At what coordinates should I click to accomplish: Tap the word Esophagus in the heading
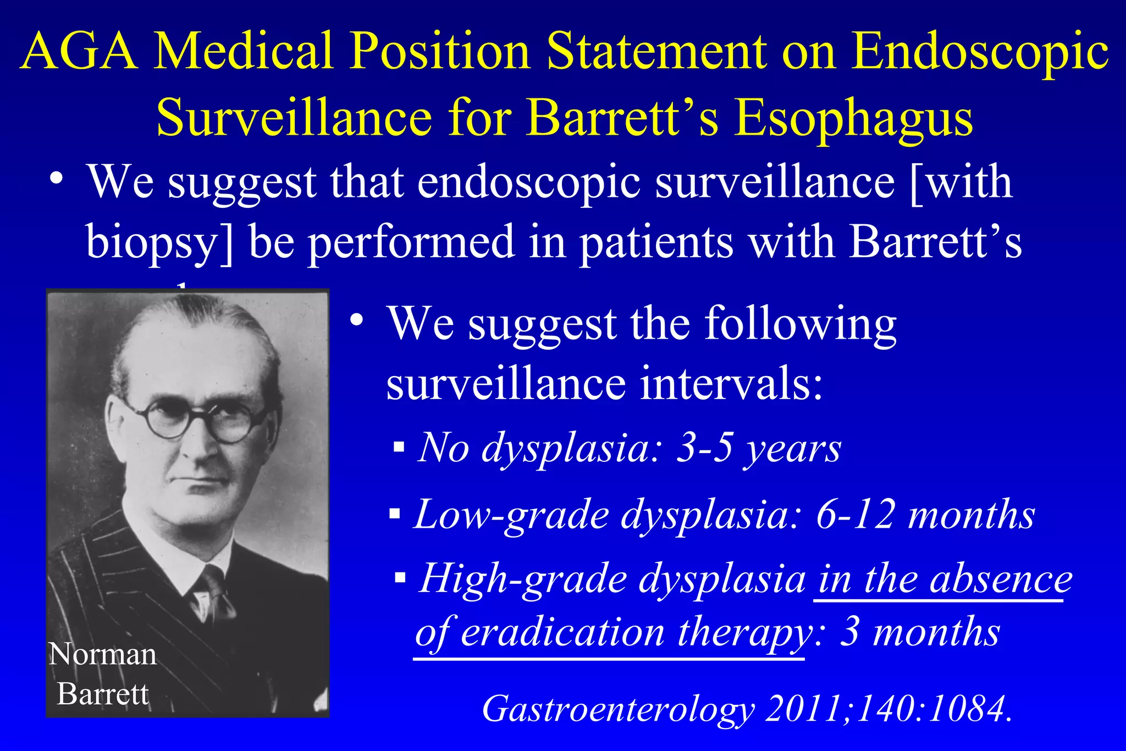point(854,119)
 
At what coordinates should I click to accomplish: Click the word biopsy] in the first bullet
point(159,243)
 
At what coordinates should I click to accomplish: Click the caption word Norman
point(103,654)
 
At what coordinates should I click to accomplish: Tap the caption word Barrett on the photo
point(103,694)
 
